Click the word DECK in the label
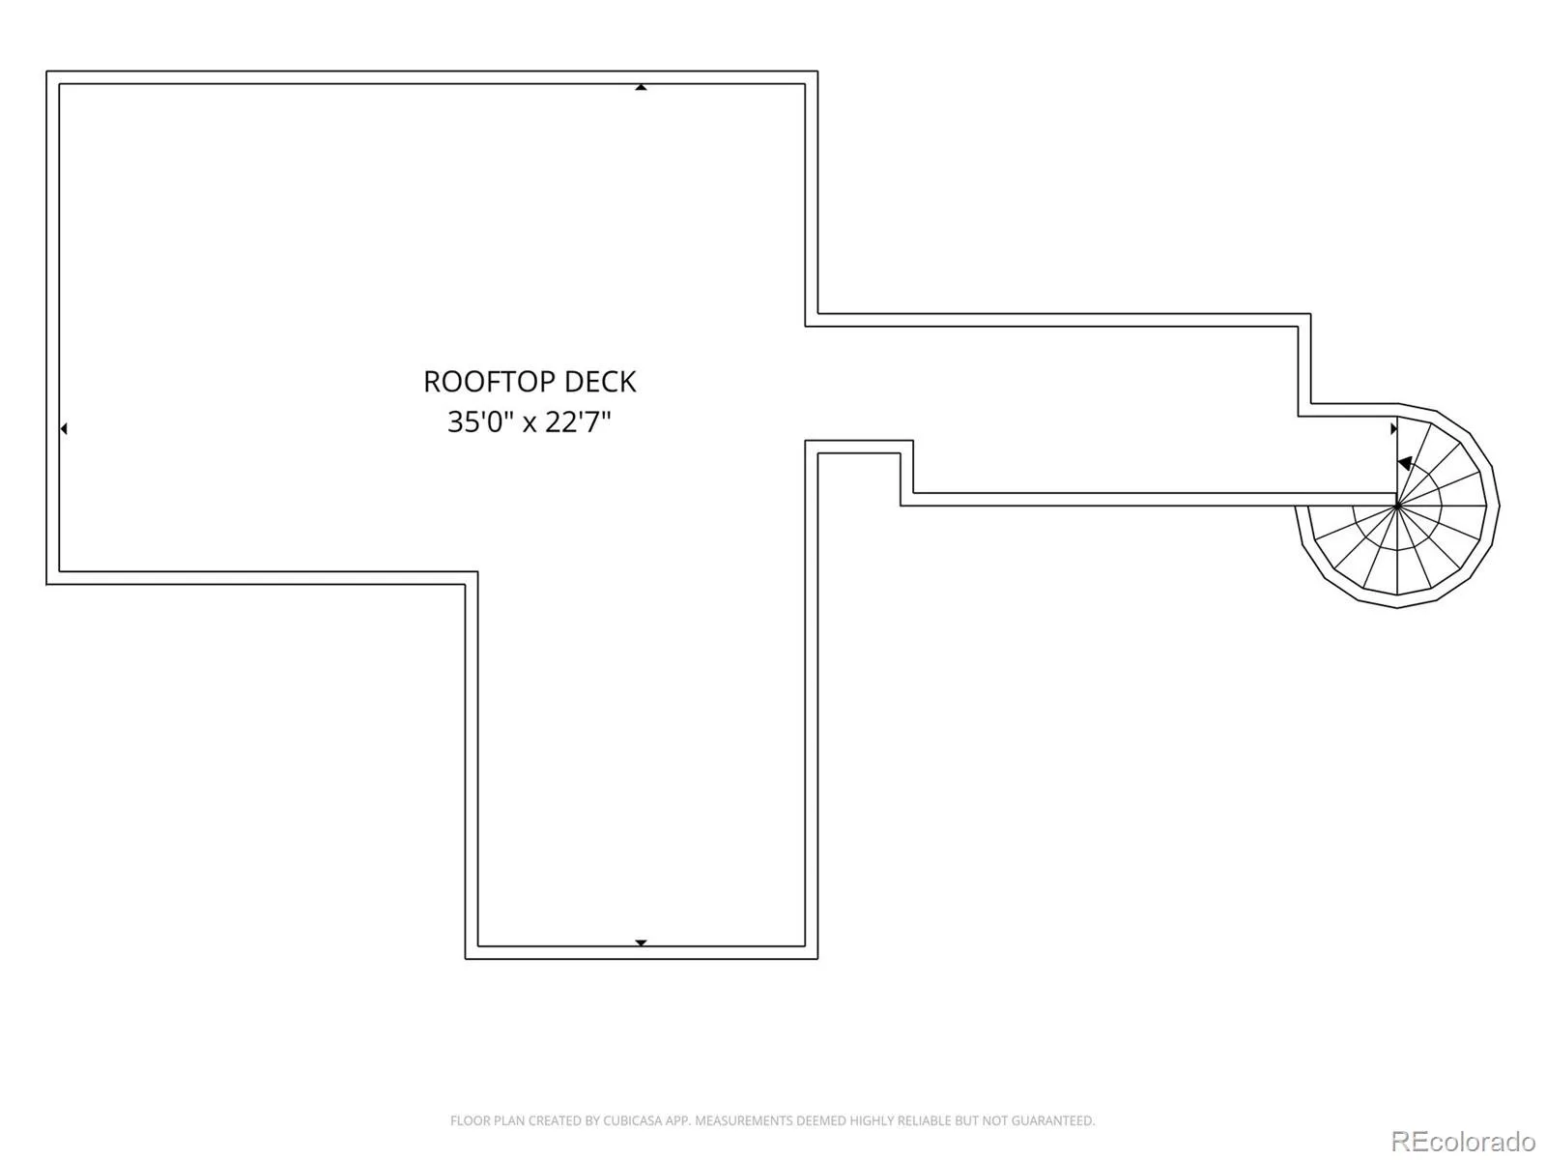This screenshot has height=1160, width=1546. [x=601, y=382]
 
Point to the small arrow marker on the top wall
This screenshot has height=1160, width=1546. [x=641, y=87]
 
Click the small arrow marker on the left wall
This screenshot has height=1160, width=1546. [x=64, y=428]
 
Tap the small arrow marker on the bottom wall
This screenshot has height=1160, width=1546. [x=641, y=942]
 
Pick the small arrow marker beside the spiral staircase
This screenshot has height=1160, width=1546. [x=1394, y=428]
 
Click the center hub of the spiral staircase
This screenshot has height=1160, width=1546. [x=1396, y=505]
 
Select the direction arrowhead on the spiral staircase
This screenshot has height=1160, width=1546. [x=1405, y=463]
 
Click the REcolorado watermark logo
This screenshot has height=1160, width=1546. [x=1464, y=1141]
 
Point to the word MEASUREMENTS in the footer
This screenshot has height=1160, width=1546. [x=740, y=1120]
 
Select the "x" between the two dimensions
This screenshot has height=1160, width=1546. [x=530, y=424]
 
